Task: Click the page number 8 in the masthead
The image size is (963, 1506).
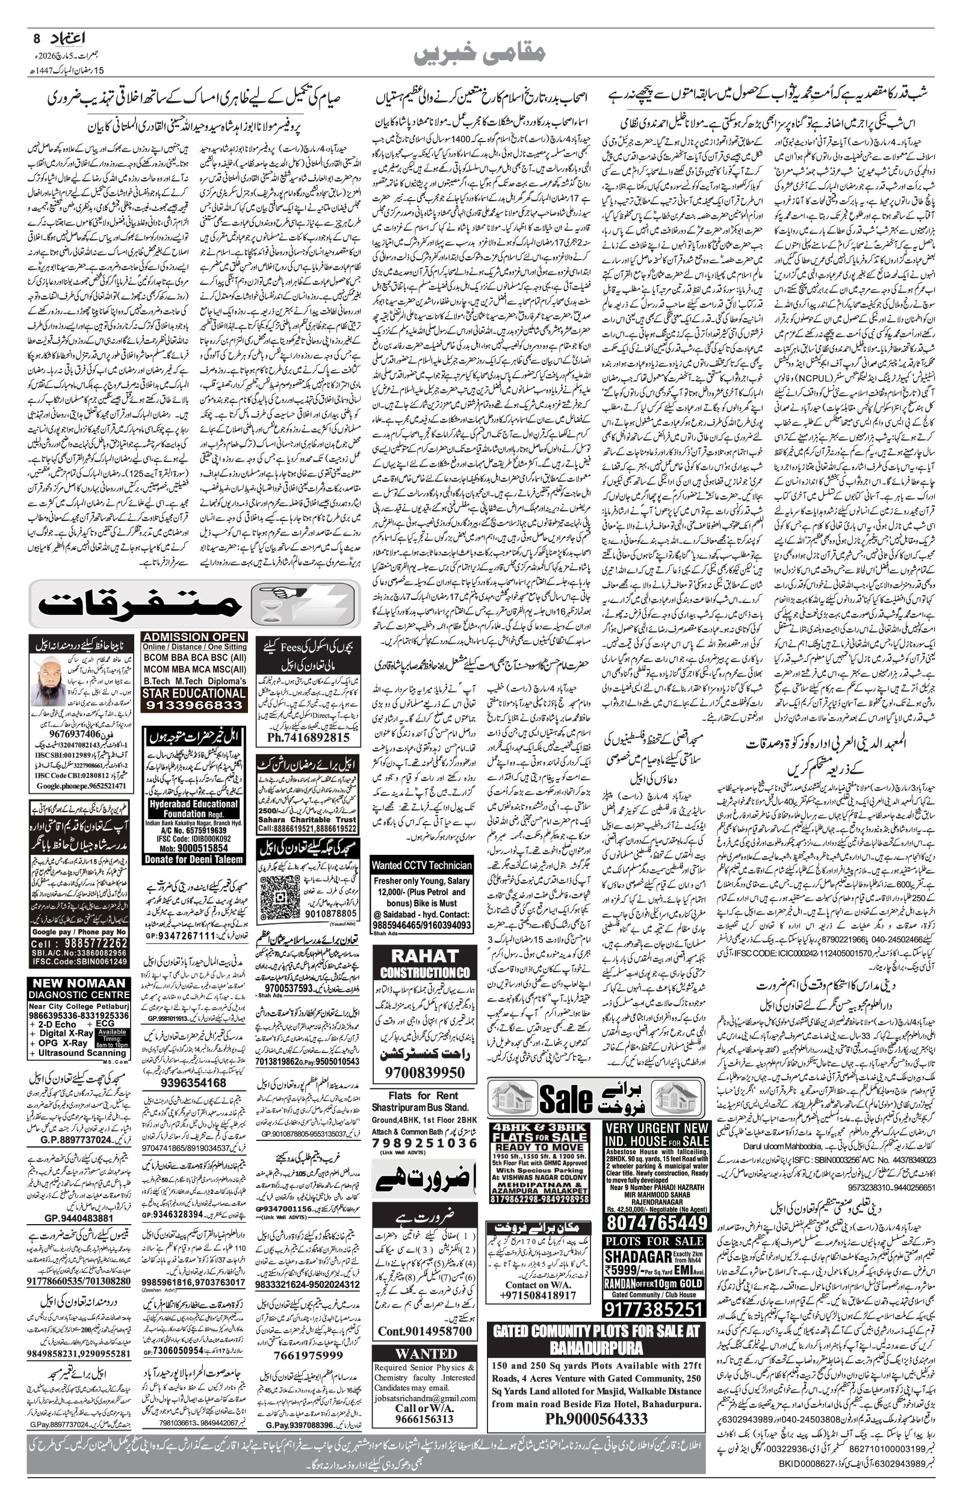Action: (37, 38)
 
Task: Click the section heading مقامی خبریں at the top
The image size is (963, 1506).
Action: (480, 54)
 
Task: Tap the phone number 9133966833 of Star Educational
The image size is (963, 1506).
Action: (193, 705)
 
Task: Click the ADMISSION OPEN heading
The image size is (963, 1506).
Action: (194, 636)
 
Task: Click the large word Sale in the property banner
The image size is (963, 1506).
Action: (565, 1099)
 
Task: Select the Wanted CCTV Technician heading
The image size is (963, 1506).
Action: (421, 865)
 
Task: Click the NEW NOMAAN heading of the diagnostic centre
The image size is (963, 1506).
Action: (79, 984)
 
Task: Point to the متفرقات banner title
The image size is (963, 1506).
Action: (141, 604)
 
